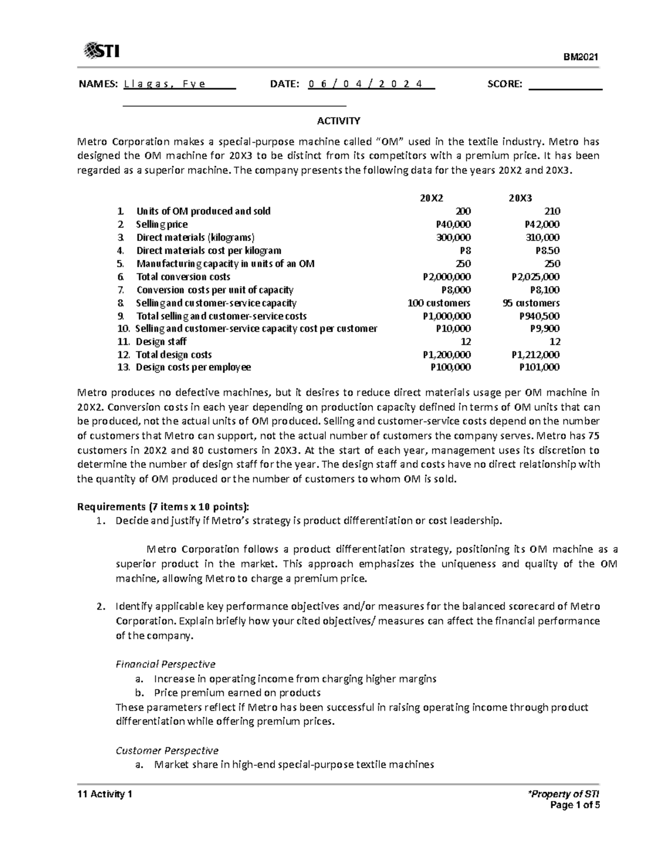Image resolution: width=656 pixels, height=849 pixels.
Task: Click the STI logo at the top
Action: tap(102, 51)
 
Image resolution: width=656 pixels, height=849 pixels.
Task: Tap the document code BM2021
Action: tap(583, 57)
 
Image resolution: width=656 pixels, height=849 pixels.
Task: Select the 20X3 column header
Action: tap(520, 198)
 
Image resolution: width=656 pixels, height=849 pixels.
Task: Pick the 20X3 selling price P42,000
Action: tap(541, 224)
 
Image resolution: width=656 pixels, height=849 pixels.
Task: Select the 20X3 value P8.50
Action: tap(547, 250)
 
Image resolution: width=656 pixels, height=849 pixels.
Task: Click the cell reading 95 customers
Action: tap(531, 303)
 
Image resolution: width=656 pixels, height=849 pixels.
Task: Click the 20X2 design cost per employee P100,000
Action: tap(450, 367)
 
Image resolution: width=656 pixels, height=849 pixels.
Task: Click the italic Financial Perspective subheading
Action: tap(165, 664)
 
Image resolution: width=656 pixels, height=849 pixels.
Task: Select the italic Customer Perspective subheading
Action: tap(167, 751)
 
